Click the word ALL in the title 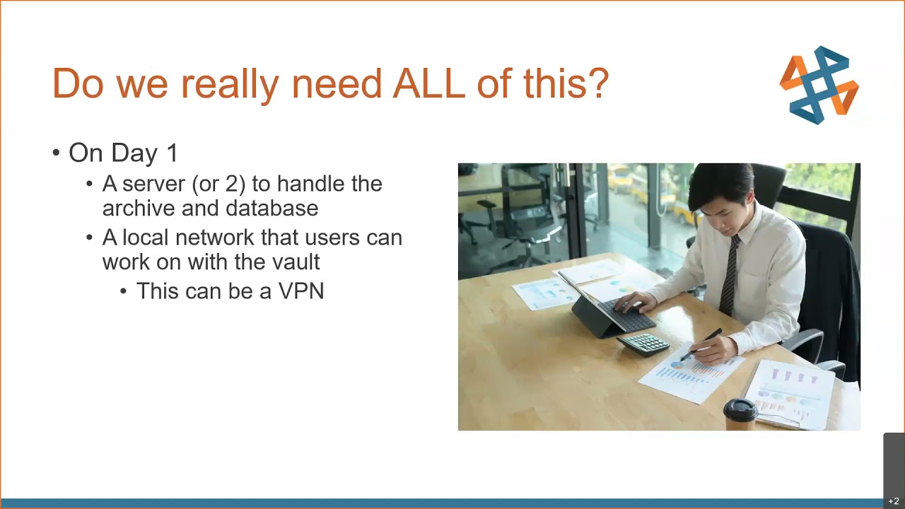tap(428, 83)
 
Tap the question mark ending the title tap(597, 83)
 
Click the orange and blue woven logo tap(819, 85)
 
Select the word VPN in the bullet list tap(301, 291)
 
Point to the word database tap(271, 208)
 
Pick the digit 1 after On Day tap(172, 153)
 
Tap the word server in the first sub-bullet tap(154, 185)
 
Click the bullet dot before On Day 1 tap(56, 153)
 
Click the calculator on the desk tap(643, 344)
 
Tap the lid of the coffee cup tap(740, 409)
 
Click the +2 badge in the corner tap(894, 501)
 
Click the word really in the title tap(230, 84)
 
